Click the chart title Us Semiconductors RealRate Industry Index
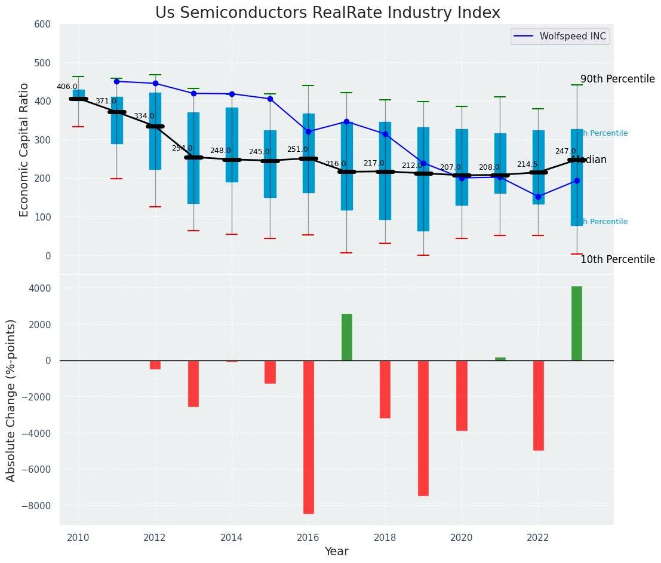point(327,13)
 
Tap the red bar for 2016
point(309,437)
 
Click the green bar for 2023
point(577,323)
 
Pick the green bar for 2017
point(347,337)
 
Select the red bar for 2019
point(423,428)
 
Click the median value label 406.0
point(67,87)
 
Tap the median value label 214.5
point(527,164)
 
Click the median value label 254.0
point(182,148)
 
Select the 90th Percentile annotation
point(617,79)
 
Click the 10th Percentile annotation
point(617,260)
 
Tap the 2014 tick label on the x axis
point(232,537)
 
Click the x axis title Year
point(337,552)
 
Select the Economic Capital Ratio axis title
point(24,149)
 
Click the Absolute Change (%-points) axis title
point(11,400)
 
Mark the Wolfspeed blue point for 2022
point(539,197)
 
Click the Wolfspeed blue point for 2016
point(309,131)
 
